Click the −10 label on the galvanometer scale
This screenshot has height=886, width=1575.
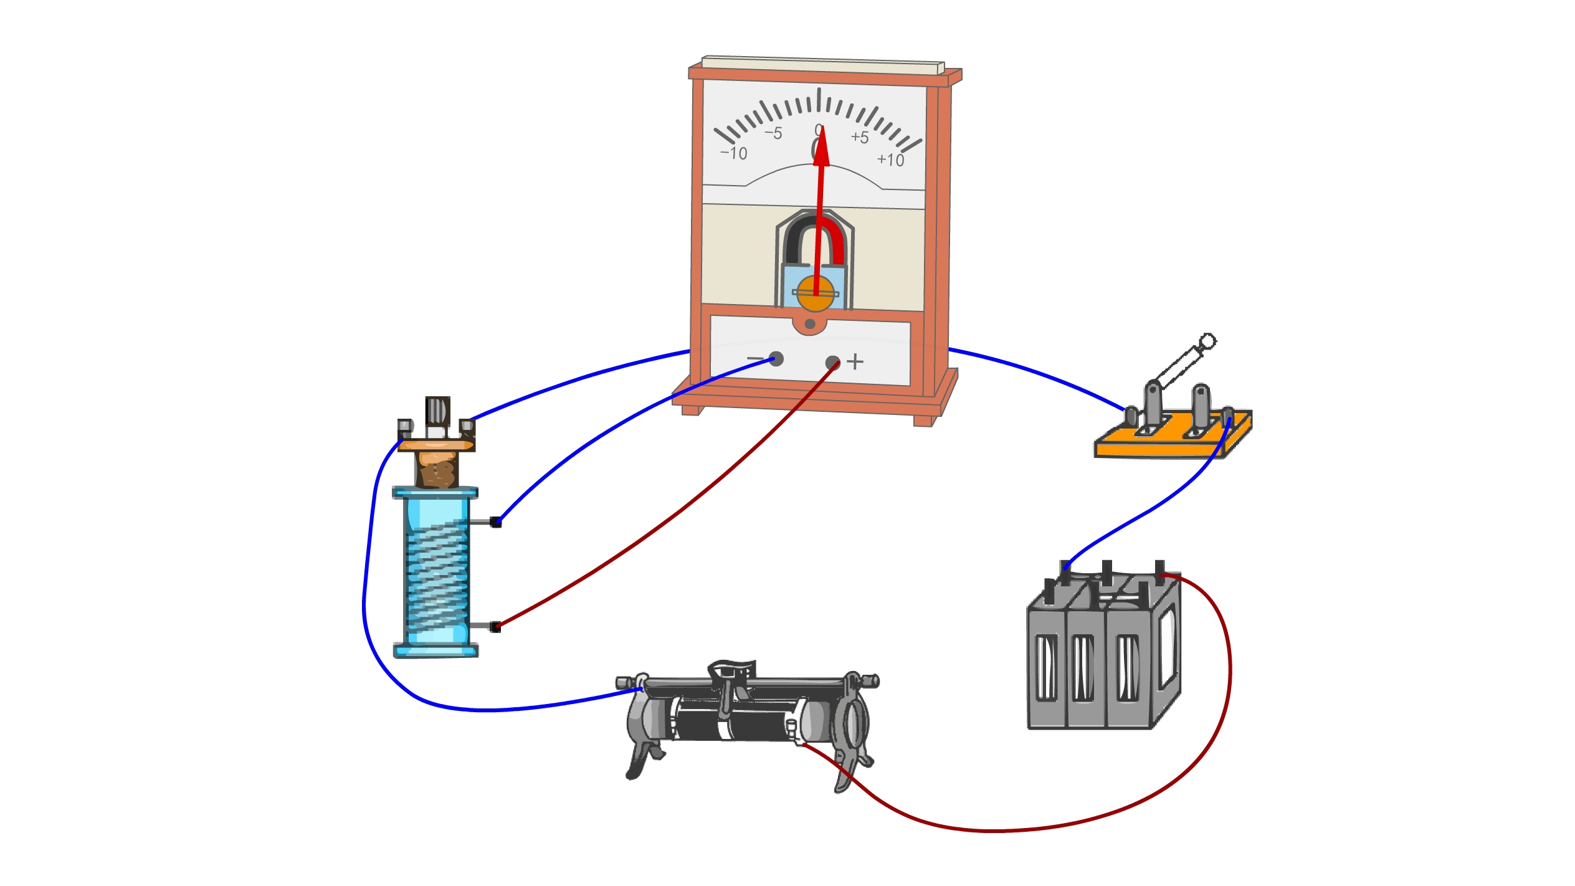[x=734, y=153]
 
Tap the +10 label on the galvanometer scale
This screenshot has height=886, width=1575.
[x=890, y=160]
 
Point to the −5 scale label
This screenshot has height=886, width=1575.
[x=773, y=133]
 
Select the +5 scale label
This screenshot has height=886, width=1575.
[x=860, y=137]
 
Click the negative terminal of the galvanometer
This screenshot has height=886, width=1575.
[x=776, y=359]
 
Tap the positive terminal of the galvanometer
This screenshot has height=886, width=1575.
[x=832, y=363]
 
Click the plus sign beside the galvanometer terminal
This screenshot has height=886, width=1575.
[x=855, y=361]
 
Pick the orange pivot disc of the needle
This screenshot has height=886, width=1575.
[x=816, y=293]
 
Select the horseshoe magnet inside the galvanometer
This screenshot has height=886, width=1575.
[x=815, y=240]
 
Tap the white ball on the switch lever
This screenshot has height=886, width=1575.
[x=1207, y=341]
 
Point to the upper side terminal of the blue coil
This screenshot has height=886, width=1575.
[x=495, y=522]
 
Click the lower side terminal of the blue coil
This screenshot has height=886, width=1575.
[x=495, y=627]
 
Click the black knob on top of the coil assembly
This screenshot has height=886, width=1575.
[x=437, y=411]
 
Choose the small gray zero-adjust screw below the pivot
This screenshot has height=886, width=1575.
[x=810, y=324]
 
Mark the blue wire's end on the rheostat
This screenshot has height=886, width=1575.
[x=639, y=690]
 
